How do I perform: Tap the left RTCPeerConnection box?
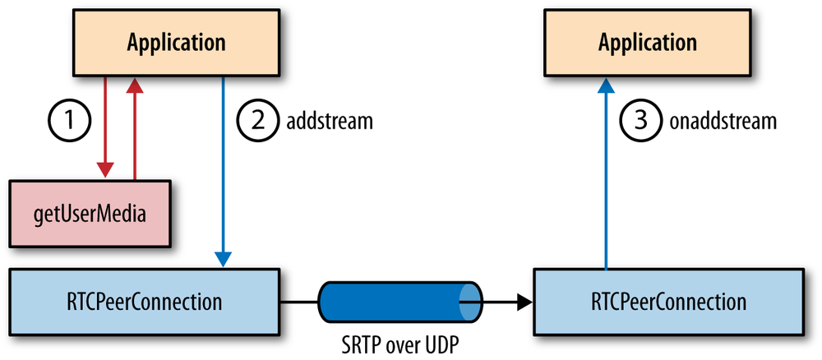(144, 302)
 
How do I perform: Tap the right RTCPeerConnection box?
(670, 302)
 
